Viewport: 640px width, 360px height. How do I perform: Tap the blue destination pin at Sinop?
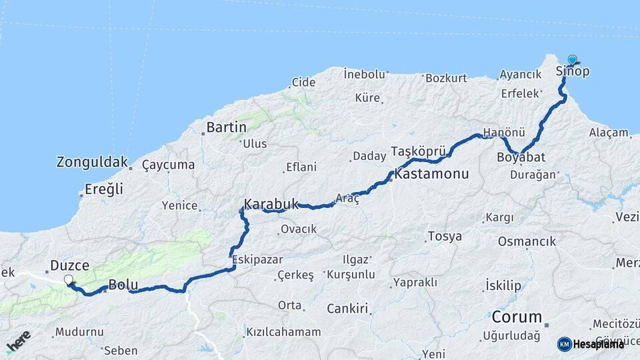pyautogui.click(x=572, y=59)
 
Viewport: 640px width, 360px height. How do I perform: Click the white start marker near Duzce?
pyautogui.click(x=68, y=280)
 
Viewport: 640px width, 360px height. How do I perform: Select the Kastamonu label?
pyautogui.click(x=431, y=174)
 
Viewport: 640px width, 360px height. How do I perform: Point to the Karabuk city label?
pyautogui.click(x=271, y=203)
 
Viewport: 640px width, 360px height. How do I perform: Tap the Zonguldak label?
pyautogui.click(x=91, y=162)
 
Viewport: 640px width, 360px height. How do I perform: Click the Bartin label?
pyautogui.click(x=226, y=127)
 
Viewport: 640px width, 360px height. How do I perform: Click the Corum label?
pyautogui.click(x=517, y=316)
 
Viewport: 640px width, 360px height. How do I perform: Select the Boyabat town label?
pyautogui.click(x=521, y=157)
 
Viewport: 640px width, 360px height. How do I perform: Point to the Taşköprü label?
pyautogui.click(x=418, y=150)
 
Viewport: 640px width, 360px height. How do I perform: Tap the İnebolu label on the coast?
pyautogui.click(x=364, y=74)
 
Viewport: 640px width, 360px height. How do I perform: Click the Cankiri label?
pyautogui.click(x=347, y=309)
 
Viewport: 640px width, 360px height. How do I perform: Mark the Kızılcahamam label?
pyautogui.click(x=283, y=331)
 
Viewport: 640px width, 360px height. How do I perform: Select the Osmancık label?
pyautogui.click(x=527, y=241)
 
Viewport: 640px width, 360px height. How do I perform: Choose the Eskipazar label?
pyautogui.click(x=258, y=259)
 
